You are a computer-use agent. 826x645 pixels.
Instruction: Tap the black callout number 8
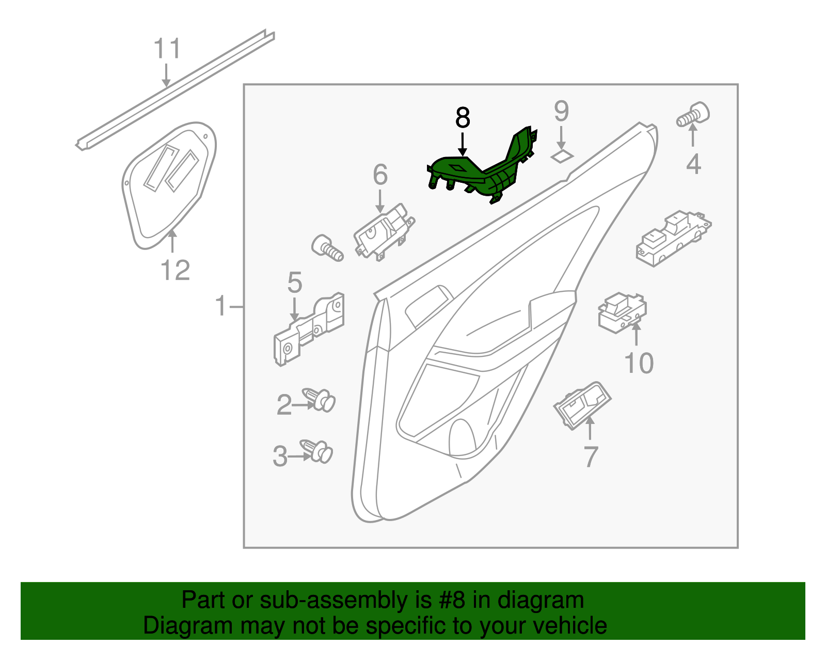[463, 118]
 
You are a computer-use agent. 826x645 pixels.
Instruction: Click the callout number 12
[176, 270]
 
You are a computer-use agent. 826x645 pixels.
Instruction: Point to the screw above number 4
[693, 115]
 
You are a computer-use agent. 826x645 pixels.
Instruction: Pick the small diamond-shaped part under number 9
[562, 155]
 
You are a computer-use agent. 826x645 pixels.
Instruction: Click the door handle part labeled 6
[384, 233]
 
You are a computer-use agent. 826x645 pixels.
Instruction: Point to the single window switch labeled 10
[622, 312]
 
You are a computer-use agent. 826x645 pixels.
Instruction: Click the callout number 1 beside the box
[221, 306]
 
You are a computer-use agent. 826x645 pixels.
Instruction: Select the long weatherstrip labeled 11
[176, 90]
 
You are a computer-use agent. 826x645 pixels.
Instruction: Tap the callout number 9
[561, 111]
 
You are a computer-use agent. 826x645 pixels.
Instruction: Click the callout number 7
[591, 457]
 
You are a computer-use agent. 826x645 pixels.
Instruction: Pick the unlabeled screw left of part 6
[327, 248]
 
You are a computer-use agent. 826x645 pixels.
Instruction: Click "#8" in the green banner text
[452, 600]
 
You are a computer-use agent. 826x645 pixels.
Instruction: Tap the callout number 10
[639, 363]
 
